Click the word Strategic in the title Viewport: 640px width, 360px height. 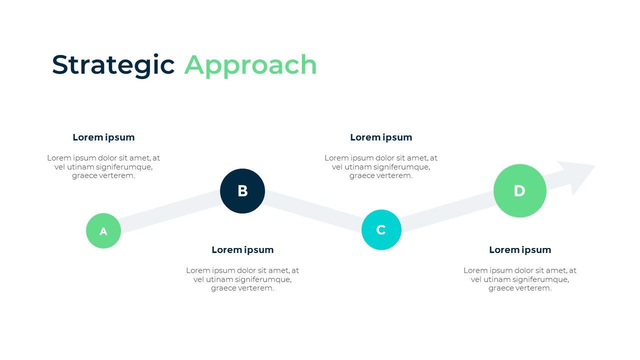tap(113, 65)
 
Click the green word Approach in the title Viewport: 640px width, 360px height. tap(250, 65)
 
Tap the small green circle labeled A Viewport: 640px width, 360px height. tap(103, 231)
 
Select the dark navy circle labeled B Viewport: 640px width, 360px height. tap(242, 191)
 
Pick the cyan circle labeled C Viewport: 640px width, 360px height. tap(381, 230)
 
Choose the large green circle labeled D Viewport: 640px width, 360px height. tap(519, 191)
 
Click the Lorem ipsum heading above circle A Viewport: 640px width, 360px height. tap(103, 137)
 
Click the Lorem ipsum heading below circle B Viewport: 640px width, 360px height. tap(242, 250)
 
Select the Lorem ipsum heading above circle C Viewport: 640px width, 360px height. tap(381, 137)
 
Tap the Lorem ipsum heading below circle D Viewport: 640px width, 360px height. tap(520, 250)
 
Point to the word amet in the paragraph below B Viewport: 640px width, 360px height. tap(278, 270)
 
